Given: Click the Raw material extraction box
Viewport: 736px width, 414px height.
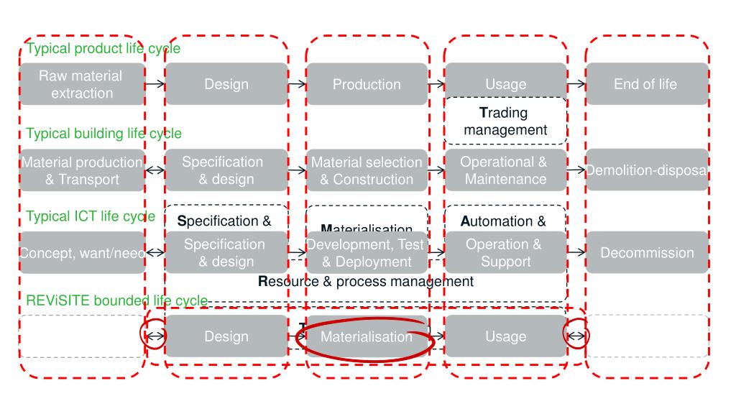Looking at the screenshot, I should [81, 84].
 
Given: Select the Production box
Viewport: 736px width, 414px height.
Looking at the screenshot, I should [367, 84].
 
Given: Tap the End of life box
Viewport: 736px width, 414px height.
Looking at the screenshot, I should [645, 84].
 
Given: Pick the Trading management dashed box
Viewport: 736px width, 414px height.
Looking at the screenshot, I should [505, 121].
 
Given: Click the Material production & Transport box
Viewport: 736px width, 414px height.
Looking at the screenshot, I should [81, 170].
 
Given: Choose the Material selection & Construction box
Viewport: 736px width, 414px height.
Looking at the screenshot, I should [367, 170].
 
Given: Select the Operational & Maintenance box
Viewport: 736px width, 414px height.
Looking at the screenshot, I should [505, 170].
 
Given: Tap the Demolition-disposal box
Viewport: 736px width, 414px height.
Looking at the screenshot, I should [645, 170].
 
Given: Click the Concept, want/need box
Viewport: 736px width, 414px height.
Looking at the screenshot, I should [81, 252].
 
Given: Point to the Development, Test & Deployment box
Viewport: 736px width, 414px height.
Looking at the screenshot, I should [367, 252].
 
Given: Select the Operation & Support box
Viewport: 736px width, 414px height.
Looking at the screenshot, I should [505, 252].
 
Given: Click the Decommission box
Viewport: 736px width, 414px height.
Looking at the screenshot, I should [645, 252].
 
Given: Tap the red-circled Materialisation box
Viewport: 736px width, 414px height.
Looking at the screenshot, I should [367, 336].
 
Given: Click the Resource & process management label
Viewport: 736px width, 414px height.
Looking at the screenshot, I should [366, 281].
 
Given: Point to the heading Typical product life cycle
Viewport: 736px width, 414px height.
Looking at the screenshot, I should [103, 49].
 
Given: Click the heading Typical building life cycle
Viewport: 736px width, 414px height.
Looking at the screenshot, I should [104, 133].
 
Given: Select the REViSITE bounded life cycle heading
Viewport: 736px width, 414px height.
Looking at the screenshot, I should [117, 300].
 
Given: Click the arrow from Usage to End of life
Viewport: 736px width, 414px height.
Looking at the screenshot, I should [576, 84].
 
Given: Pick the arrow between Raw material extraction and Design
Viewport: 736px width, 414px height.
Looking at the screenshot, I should [155, 84].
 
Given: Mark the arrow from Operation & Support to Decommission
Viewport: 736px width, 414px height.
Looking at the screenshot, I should [576, 252].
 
